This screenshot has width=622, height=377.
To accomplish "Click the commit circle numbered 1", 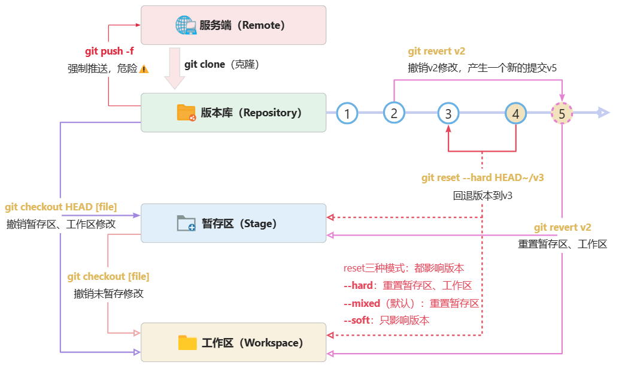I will (x=347, y=113).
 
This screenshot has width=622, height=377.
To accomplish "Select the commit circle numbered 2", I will (x=394, y=113).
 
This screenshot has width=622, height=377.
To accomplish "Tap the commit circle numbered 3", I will (x=448, y=113).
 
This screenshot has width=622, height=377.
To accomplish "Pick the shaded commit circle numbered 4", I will (x=515, y=113).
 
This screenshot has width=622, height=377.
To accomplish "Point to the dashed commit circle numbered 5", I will (x=562, y=113).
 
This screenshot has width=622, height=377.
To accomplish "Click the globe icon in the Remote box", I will (x=186, y=25).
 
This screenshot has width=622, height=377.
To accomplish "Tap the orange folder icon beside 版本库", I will (x=186, y=113).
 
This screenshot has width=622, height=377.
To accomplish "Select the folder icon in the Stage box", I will (x=186, y=224).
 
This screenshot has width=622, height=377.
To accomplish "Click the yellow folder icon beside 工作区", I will (x=187, y=343).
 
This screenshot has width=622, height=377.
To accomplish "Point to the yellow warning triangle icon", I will (x=144, y=69).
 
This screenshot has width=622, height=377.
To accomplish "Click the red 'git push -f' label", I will (x=110, y=51).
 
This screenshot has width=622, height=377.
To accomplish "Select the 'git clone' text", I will (x=205, y=64).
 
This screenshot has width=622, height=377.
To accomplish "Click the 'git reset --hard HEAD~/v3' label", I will (x=483, y=177).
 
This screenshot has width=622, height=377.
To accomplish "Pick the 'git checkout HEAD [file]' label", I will (x=61, y=207).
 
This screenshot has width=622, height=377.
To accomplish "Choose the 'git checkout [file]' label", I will (x=108, y=276).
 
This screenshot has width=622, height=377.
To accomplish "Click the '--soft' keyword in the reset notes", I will (x=357, y=320).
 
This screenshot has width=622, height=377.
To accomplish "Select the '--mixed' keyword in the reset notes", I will (x=362, y=303).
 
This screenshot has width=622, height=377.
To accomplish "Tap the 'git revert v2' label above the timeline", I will (x=436, y=52).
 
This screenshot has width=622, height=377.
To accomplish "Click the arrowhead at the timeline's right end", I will (x=603, y=113).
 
